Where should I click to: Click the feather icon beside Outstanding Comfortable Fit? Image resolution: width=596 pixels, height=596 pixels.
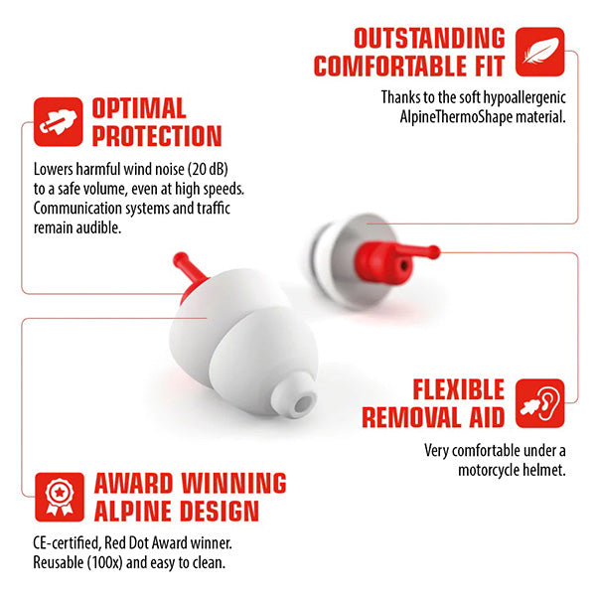pos(540,52)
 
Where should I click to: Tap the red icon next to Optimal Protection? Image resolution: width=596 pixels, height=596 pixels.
pos(58,121)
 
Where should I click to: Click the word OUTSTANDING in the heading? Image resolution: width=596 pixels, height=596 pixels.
pos(429,39)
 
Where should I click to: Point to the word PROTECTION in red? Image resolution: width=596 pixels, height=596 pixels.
pos(157,136)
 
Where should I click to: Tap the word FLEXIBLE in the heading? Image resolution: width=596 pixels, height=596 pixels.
pos(458,389)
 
